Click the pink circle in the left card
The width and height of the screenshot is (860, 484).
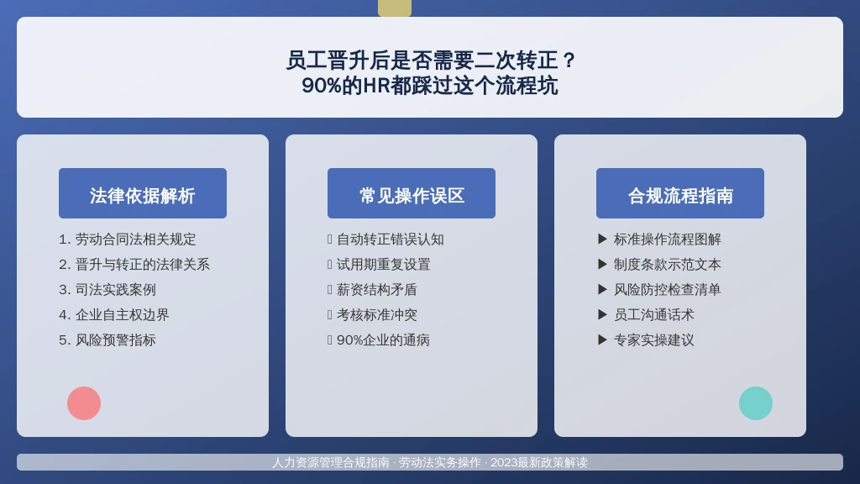click(x=84, y=403)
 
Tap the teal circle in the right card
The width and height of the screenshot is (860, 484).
click(x=756, y=403)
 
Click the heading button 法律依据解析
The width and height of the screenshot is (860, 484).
click(x=143, y=193)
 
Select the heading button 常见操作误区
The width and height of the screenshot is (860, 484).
click(x=412, y=193)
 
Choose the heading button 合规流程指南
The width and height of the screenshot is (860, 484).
click(x=680, y=193)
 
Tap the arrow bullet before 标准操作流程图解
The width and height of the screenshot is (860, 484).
click(x=602, y=239)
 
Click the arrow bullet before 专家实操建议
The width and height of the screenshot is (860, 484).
click(x=602, y=339)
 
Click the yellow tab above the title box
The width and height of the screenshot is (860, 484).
click(x=395, y=8)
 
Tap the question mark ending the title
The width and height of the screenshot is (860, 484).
click(x=569, y=60)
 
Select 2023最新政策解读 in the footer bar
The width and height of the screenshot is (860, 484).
click(x=538, y=463)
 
